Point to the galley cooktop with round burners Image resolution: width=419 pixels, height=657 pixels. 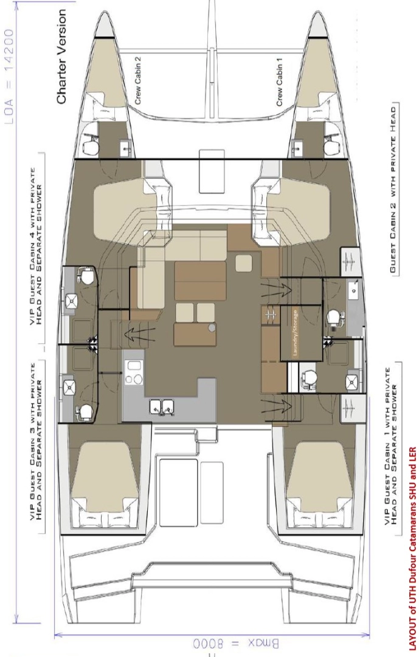click(x=133, y=372)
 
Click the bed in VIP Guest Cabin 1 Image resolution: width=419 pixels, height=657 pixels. click(x=316, y=476)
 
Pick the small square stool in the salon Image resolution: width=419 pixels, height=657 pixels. click(x=243, y=263)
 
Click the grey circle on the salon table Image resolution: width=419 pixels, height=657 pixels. click(x=211, y=327)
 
